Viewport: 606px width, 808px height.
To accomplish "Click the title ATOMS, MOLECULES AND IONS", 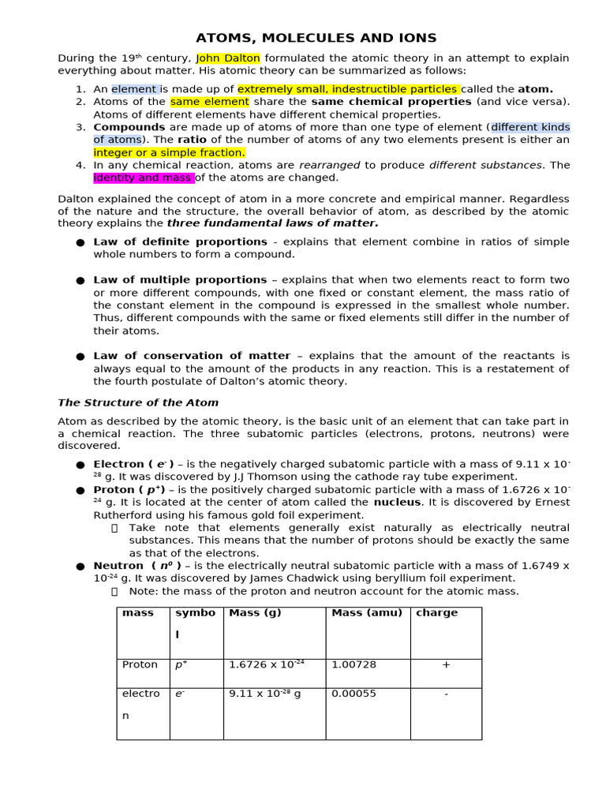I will coord(316,38).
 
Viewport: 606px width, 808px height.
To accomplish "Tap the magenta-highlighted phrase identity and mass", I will coord(143,178).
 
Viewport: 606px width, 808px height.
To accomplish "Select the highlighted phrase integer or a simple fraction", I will coord(169,152).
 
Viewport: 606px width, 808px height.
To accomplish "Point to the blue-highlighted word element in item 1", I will coord(135,89).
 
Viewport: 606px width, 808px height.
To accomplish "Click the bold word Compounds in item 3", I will coord(129,127).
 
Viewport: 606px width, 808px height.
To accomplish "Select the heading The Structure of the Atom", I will coord(137,402).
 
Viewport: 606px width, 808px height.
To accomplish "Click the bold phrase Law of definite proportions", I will coord(181,241).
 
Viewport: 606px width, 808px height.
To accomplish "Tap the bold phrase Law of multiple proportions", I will coord(180,279).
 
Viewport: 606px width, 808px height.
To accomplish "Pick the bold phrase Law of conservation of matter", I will coord(192,356).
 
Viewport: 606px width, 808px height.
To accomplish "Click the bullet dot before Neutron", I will coord(80,567).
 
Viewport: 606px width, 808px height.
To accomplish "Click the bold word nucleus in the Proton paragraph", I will coord(397,502).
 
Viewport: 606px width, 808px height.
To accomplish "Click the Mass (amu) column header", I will coord(366,613).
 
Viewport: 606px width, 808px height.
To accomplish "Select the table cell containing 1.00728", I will coord(354,665).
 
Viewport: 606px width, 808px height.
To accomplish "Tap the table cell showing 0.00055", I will coord(353,694).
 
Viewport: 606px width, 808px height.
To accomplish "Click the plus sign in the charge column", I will coord(446,665).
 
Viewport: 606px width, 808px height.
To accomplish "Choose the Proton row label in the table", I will coord(140,665).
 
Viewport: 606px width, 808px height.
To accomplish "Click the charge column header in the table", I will coord(436,613).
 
